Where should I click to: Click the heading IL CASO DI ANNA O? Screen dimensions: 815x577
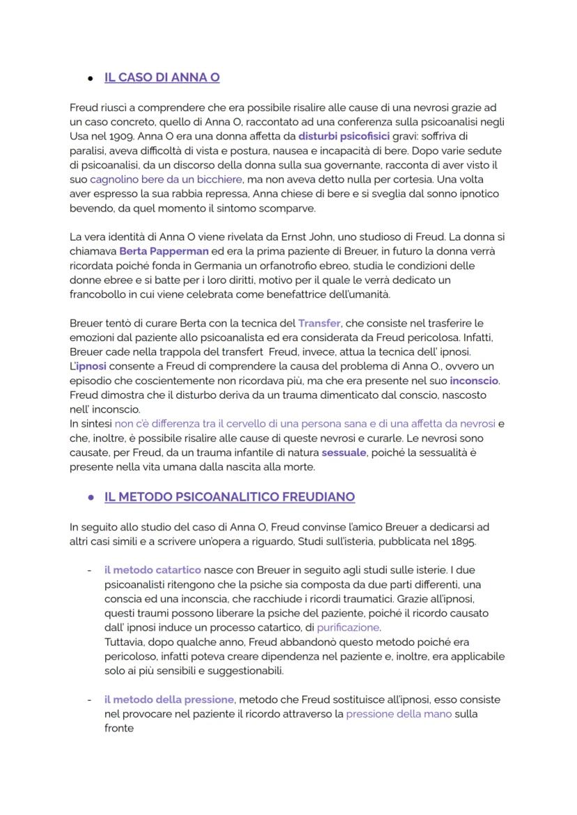tap(162, 77)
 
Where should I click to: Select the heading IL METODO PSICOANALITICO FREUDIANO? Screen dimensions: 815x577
tap(229, 497)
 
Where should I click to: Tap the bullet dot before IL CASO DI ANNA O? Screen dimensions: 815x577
tap(90, 78)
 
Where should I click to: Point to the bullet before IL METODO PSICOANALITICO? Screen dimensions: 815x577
tap(90, 498)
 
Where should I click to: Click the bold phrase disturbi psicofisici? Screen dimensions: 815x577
tap(344, 135)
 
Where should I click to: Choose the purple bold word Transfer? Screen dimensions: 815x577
tap(319, 323)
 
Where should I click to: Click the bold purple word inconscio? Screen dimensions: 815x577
tap(474, 381)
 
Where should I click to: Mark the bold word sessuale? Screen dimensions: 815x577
tap(344, 453)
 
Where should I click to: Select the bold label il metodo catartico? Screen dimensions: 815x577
tap(153, 570)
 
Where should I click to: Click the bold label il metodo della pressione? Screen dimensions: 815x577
tap(169, 699)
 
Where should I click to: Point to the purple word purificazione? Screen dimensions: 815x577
tap(348, 627)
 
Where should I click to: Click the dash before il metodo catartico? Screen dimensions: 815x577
tap(89, 570)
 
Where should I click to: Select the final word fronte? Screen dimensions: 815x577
tap(118, 729)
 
